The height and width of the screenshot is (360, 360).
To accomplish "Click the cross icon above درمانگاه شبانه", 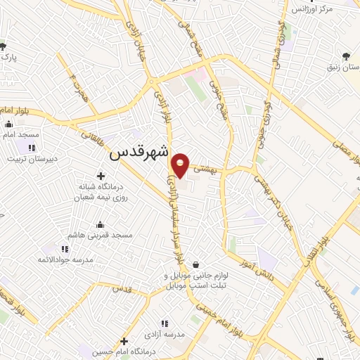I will pos(101,175).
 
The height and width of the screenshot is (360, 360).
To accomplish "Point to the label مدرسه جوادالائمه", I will pos(65,259).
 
